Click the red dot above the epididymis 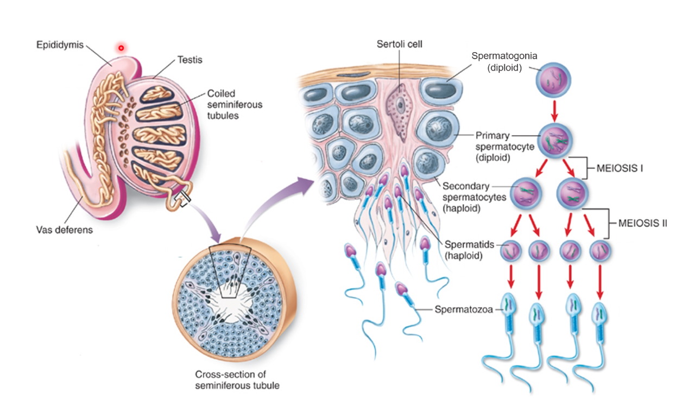pos(121,48)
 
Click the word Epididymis pos(63,45)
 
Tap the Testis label pos(190,60)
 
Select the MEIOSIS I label pos(620,168)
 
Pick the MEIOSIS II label pos(642,223)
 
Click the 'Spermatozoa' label pos(463,310)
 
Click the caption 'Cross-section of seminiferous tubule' pos(237,380)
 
